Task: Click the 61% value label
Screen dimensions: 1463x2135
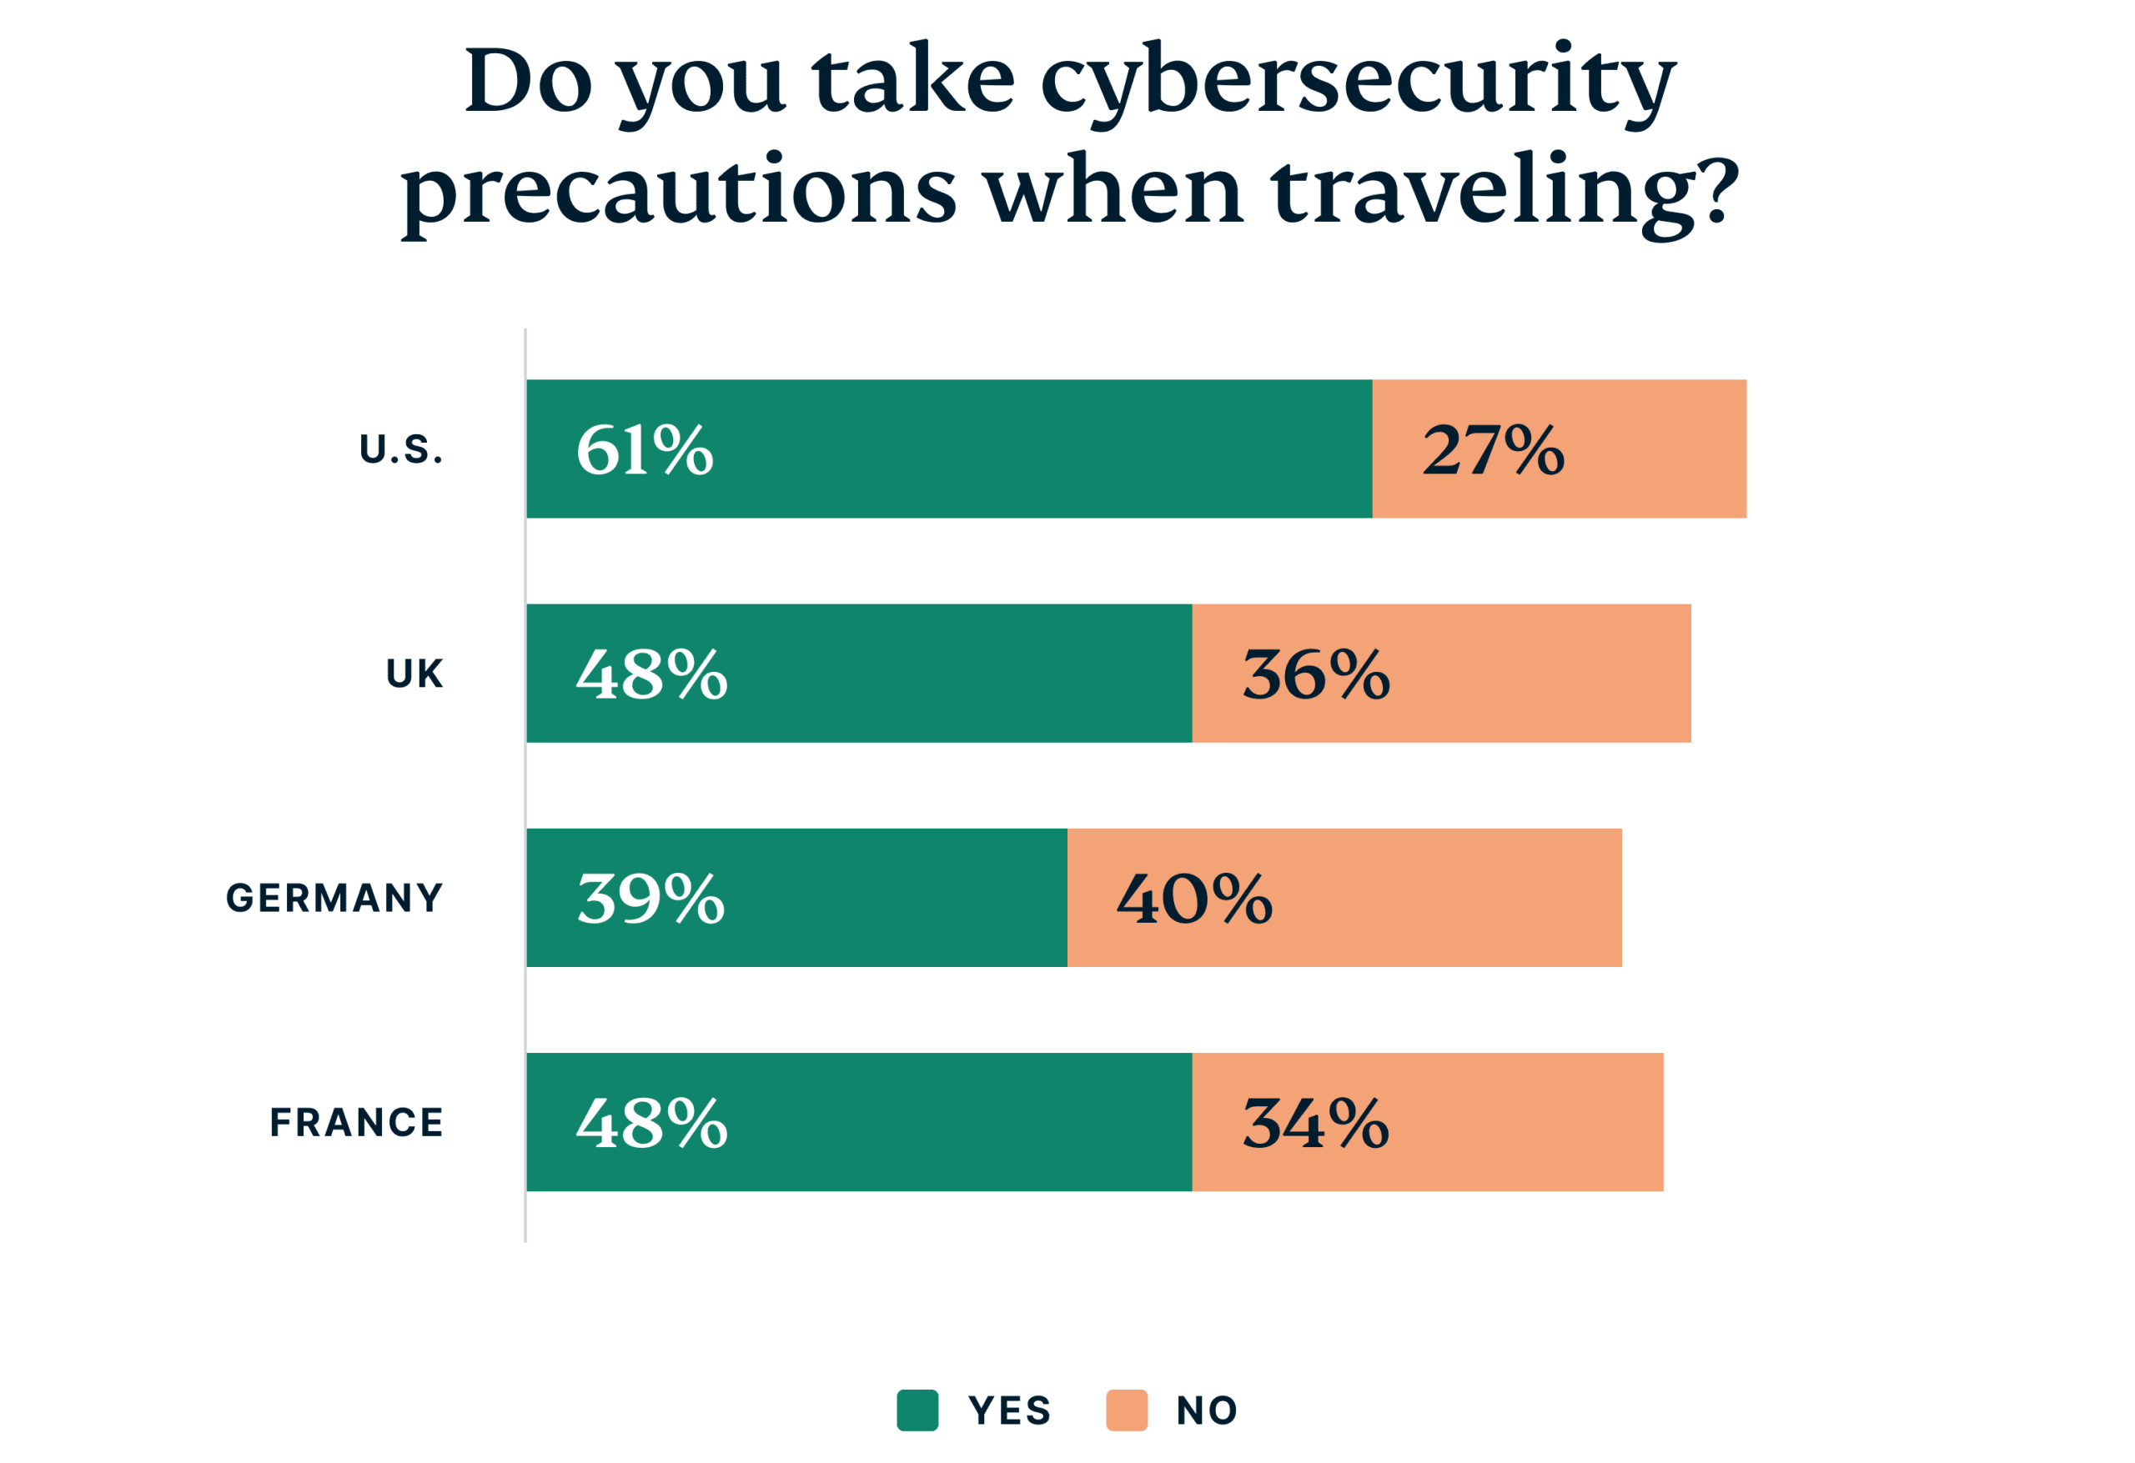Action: click(644, 450)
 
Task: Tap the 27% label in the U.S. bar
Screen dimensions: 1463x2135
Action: click(1493, 450)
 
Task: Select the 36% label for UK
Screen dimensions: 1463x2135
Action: click(1315, 674)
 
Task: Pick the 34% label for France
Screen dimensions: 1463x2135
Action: click(1314, 1122)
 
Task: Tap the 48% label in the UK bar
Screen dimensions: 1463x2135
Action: click(651, 674)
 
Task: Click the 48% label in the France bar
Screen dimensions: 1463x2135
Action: click(651, 1122)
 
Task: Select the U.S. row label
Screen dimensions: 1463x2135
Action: click(401, 450)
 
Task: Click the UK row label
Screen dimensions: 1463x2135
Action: click(414, 674)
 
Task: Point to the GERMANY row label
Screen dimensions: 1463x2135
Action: click(334, 898)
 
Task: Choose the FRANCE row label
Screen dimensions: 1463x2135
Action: click(356, 1122)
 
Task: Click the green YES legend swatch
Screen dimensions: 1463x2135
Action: click(917, 1410)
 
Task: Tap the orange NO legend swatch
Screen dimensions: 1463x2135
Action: click(1126, 1410)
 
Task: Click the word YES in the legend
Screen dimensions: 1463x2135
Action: click(1009, 1410)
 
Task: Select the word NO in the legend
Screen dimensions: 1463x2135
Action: click(1206, 1410)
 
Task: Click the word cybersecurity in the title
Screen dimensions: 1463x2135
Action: click(1358, 83)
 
